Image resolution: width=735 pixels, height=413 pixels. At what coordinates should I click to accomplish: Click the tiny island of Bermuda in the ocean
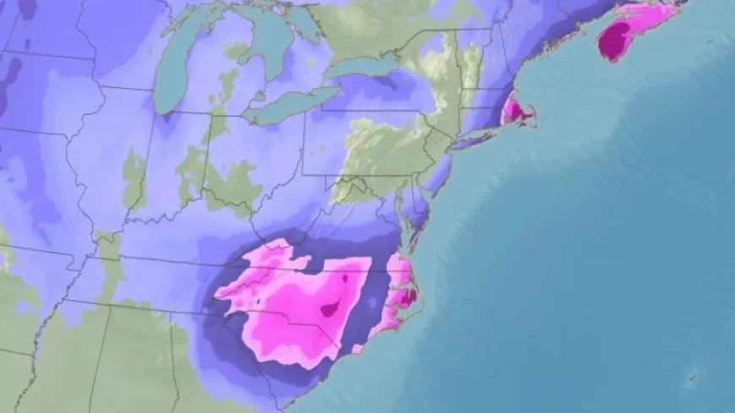click(x=693, y=377)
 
